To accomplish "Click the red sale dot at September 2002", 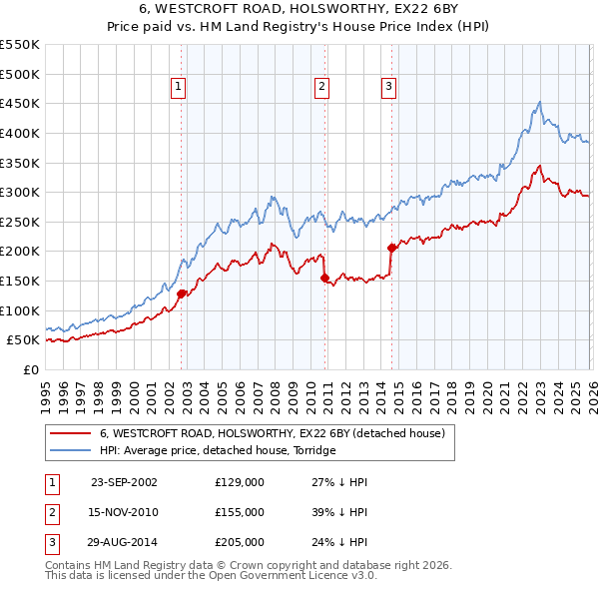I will tap(181, 294).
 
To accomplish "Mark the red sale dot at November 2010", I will tap(325, 279).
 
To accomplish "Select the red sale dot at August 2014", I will tap(391, 249).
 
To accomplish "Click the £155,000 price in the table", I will tap(240, 512).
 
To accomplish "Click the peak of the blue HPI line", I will tap(539, 102).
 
